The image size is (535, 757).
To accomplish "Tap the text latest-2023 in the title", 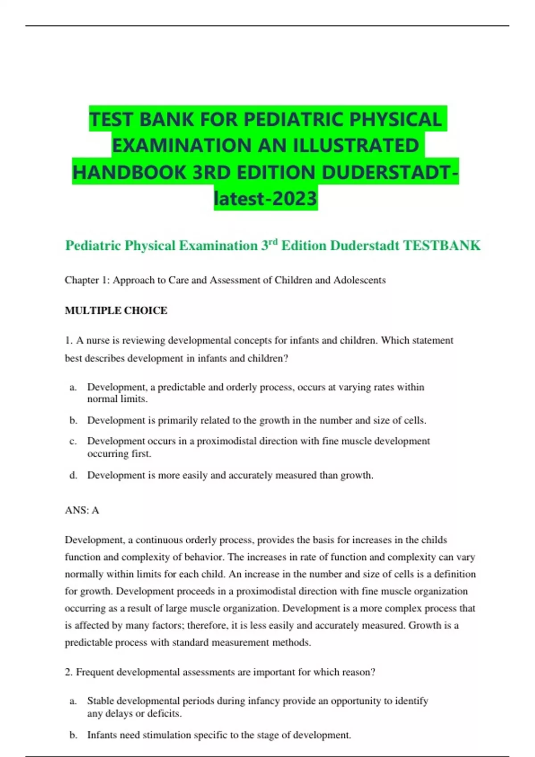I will point(266,199).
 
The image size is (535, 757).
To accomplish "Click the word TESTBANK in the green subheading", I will point(442,245).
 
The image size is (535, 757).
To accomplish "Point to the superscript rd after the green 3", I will point(273,242).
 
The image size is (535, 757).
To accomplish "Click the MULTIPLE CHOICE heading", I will point(116,310).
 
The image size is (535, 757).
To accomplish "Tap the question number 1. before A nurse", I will point(69,341).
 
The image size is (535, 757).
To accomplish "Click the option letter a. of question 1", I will point(73,387).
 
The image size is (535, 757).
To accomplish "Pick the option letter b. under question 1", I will point(73,420).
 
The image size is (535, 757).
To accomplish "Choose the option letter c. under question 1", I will point(73,441).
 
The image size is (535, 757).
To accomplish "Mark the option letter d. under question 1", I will point(73,476).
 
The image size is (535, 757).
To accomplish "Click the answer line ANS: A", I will point(82,510).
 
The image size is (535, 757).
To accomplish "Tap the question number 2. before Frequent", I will point(69,672).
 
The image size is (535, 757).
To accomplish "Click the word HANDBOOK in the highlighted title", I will point(129,172).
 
